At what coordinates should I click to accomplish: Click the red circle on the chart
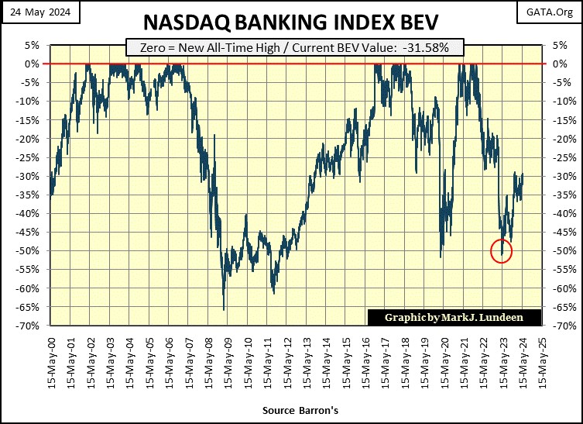[502, 251]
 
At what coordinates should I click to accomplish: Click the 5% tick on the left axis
[33, 45]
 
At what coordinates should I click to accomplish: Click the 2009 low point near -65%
[224, 309]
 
